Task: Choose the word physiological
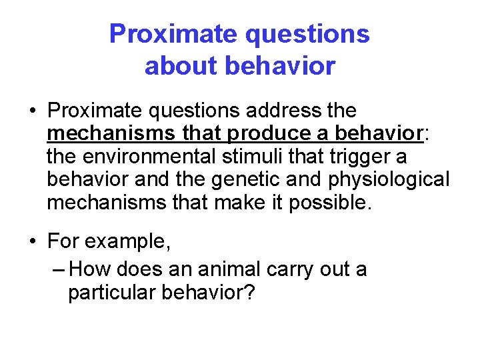click(397, 180)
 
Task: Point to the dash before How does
click(58, 270)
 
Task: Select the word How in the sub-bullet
click(86, 269)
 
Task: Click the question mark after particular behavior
click(250, 293)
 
